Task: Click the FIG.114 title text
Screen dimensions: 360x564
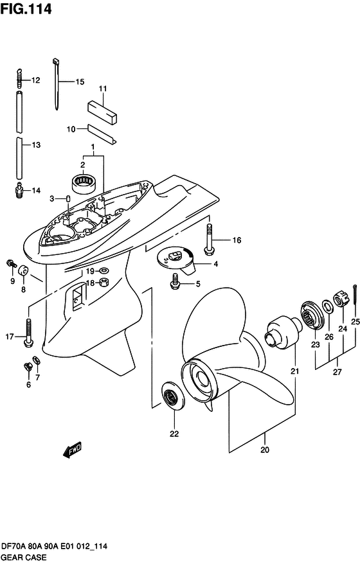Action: tap(26, 9)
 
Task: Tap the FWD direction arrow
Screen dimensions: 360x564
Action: tap(72, 450)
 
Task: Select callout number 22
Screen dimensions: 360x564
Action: tap(174, 434)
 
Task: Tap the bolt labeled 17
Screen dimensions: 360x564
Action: tap(28, 333)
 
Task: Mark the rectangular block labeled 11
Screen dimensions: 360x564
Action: tap(103, 112)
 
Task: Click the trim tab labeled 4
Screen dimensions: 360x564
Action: tap(176, 262)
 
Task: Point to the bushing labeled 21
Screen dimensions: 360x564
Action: tap(284, 333)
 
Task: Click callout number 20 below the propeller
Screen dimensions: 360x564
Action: tap(265, 450)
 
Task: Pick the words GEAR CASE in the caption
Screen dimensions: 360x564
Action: tap(24, 557)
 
